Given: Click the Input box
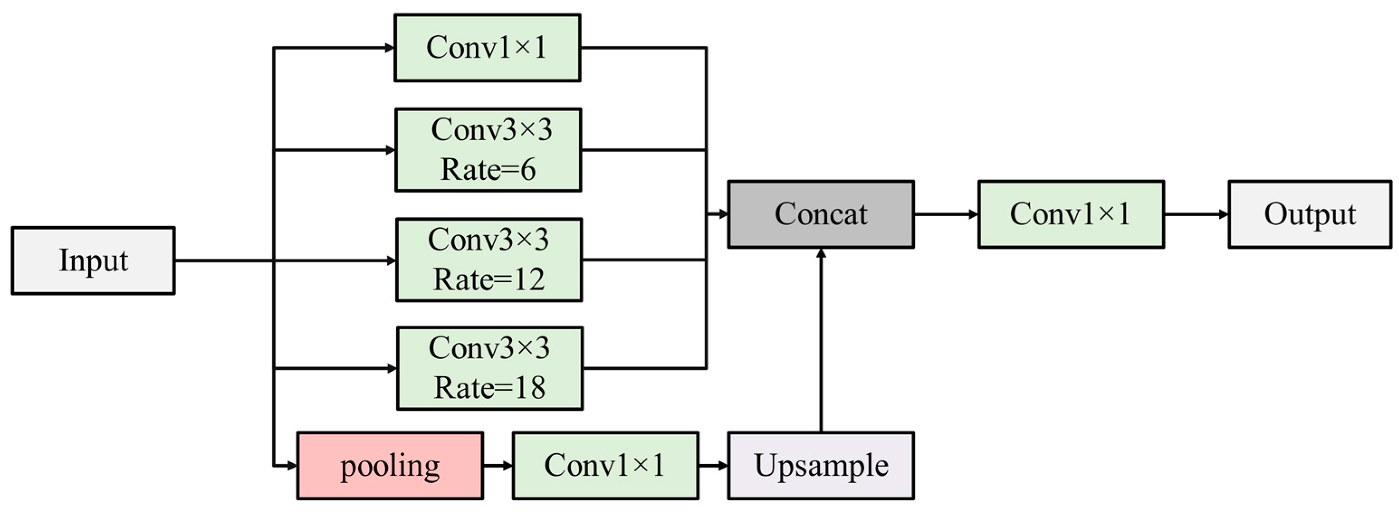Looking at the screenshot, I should tap(93, 261).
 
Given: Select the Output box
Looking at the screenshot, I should tap(1309, 214).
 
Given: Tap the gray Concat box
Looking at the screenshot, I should tap(821, 214).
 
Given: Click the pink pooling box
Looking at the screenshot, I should tap(390, 466).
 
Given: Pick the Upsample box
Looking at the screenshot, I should tap(821, 466).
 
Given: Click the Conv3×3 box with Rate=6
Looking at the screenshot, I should tap(488, 150).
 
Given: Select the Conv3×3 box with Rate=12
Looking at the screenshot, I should tap(489, 260).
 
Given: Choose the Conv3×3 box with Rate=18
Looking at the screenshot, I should tap(489, 368).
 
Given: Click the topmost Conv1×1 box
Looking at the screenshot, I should tap(487, 48).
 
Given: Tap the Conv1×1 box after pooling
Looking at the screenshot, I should tap(605, 466).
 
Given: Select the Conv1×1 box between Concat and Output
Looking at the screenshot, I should tap(1070, 214).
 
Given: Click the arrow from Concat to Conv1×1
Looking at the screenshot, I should tap(945, 214).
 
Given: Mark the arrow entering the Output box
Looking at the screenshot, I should tap(1196, 214).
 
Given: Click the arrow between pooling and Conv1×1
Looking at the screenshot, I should tap(497, 466).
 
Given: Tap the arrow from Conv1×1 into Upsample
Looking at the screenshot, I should tap(713, 466).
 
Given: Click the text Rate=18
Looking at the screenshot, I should tap(489, 388).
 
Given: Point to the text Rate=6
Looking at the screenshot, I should tap(488, 170).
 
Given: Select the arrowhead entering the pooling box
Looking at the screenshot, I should tap(291, 466).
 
